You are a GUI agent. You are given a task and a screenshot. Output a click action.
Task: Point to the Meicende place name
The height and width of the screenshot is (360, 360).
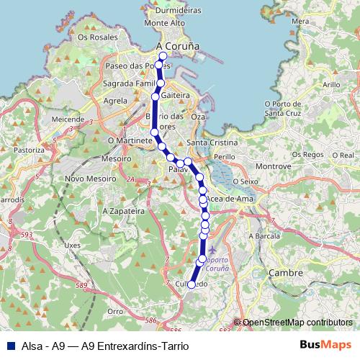click(x=68, y=118)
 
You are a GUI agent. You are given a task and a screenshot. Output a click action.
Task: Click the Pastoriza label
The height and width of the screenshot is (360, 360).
click(x=29, y=150)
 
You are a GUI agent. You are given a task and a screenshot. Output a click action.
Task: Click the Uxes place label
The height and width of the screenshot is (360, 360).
click(x=73, y=245)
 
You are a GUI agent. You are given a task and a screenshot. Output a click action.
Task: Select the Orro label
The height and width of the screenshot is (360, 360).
click(x=114, y=311)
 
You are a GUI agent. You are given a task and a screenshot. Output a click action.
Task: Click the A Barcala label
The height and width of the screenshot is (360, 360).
click(x=264, y=236)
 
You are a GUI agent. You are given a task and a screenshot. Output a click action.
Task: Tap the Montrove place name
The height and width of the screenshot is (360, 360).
click(x=273, y=166)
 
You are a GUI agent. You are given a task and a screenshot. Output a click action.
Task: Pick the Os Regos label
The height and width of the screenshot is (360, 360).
click(x=307, y=155)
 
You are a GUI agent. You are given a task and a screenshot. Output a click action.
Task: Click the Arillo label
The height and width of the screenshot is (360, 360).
click(x=331, y=85)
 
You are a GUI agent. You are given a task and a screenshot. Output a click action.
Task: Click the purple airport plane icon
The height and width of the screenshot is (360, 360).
click(x=211, y=250)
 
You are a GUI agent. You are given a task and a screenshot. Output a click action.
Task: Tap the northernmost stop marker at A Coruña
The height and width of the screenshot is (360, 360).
click(x=163, y=56)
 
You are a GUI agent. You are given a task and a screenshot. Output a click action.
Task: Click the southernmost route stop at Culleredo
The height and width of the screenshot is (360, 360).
click(x=191, y=284)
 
